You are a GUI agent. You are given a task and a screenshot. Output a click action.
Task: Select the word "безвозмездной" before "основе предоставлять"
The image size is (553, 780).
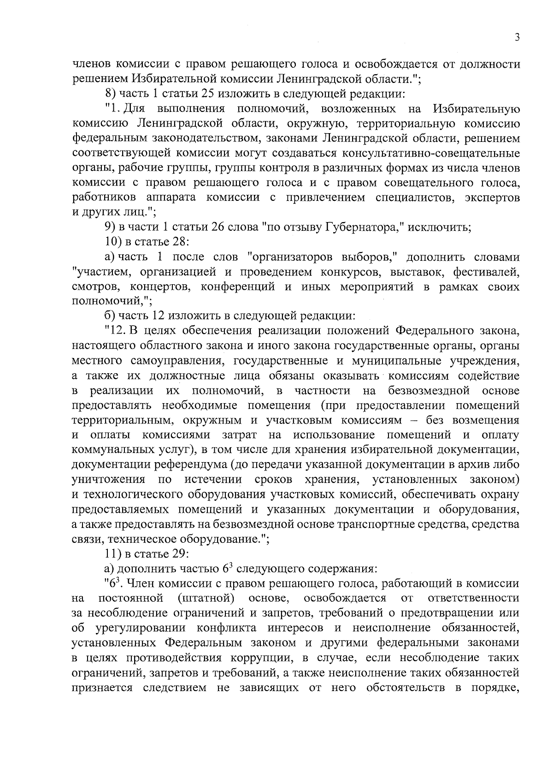(429, 391)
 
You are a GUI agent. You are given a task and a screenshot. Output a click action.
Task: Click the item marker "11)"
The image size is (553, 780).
(112, 554)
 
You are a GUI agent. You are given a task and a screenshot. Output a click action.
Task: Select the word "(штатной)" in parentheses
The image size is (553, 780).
(206, 598)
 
